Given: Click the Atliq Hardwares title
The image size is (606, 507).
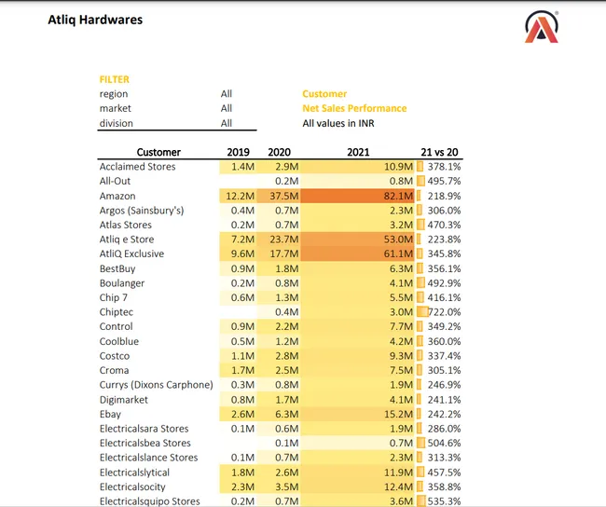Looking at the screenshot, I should (x=95, y=20).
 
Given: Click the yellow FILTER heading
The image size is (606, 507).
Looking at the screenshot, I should (x=114, y=79).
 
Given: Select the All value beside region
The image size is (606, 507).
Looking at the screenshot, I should (x=227, y=94).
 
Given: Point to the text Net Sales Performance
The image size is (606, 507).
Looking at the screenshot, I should (x=354, y=108).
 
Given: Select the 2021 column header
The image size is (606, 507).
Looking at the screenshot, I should (x=358, y=152).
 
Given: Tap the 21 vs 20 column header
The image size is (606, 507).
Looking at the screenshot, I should (x=440, y=152).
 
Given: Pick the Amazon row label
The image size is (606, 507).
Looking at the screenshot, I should (x=117, y=196).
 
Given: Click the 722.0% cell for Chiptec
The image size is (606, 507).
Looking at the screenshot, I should (x=445, y=311).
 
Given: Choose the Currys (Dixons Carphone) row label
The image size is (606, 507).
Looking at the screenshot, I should (x=156, y=385).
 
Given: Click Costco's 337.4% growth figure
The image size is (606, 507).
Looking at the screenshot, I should (x=444, y=355).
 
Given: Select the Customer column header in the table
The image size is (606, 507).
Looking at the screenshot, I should (x=158, y=152).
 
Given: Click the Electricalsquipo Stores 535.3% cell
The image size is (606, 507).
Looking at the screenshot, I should (x=444, y=501).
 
